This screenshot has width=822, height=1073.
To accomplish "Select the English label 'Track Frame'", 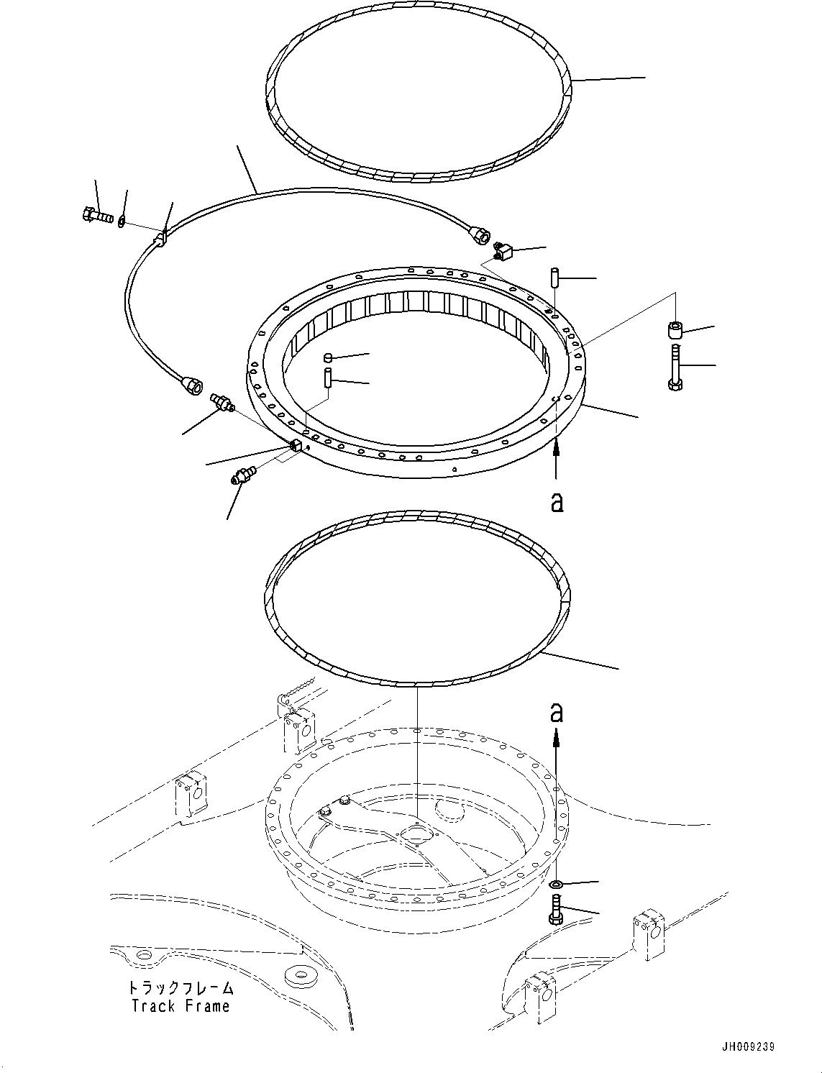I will [x=181, y=1006].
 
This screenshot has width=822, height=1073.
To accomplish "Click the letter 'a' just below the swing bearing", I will [x=557, y=502].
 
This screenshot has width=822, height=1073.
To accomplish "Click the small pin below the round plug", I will [x=326, y=378].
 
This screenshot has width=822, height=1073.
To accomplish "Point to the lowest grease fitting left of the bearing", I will [x=242, y=476].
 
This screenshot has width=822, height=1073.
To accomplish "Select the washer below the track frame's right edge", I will [x=556, y=883].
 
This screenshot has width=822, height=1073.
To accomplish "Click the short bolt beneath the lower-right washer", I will [x=556, y=910].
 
